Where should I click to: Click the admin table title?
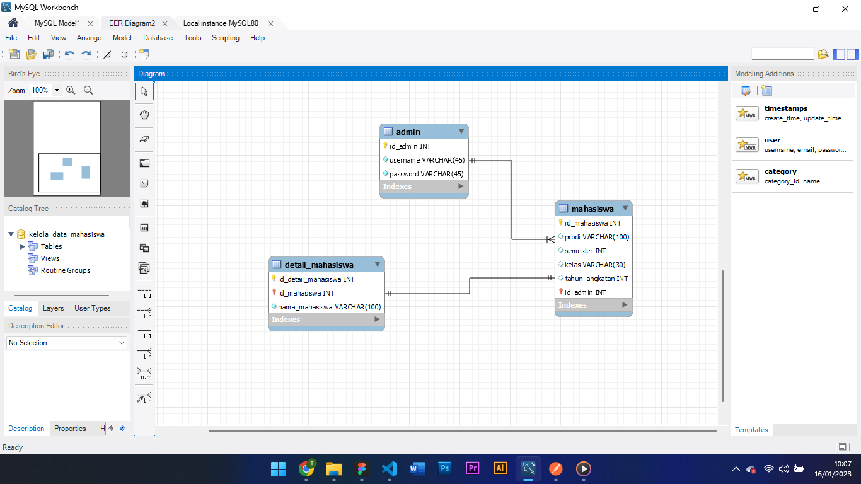pyautogui.click(x=408, y=132)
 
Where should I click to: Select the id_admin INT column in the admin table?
pyautogui.click(x=410, y=146)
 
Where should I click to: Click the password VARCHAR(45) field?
pyautogui.click(x=426, y=174)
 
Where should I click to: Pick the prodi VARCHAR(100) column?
pyautogui.click(x=596, y=237)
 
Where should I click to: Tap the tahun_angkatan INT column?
pyautogui.click(x=596, y=279)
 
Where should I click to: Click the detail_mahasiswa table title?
pyautogui.click(x=319, y=265)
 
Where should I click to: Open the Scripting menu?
pyautogui.click(x=225, y=38)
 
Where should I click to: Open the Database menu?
pyautogui.click(x=158, y=38)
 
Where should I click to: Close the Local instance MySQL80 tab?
pyautogui.click(x=270, y=23)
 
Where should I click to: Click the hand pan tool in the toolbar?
pyautogui.click(x=144, y=115)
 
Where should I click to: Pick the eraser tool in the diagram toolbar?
pyautogui.click(x=144, y=139)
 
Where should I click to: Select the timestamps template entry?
pyautogui.click(x=785, y=108)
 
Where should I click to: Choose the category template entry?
pyautogui.click(x=780, y=171)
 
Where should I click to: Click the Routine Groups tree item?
pyautogui.click(x=65, y=270)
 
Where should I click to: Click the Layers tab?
pyautogui.click(x=53, y=308)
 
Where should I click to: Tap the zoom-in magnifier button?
pyautogui.click(x=71, y=90)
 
